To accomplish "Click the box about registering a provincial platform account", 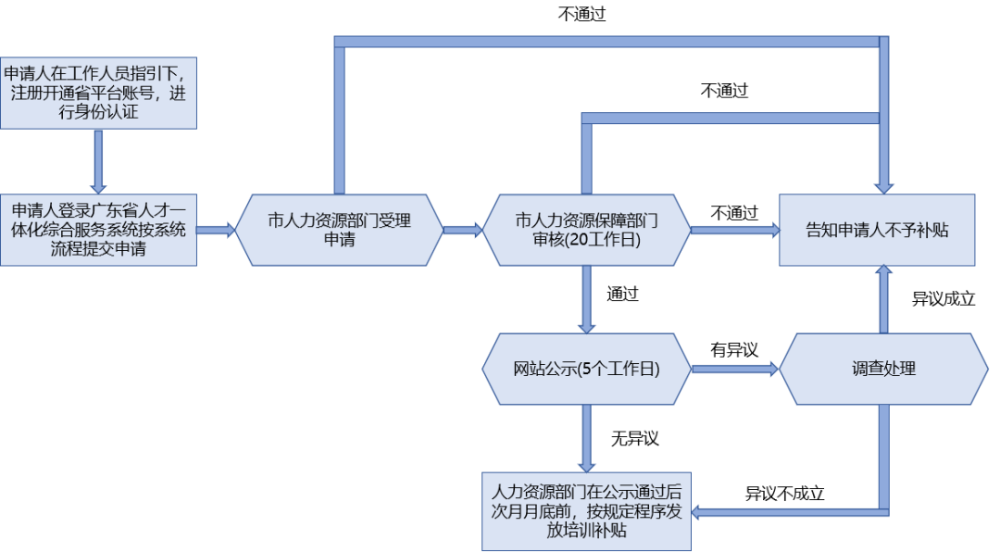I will click(x=98, y=93).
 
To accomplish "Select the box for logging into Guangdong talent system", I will click(x=98, y=230).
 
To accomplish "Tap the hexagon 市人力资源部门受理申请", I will click(x=339, y=230).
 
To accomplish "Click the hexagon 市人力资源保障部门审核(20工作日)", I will click(x=586, y=230).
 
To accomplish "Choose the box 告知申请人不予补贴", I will click(x=876, y=230).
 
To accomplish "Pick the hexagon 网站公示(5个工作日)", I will click(x=586, y=369).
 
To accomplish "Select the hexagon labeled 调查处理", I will click(x=883, y=369).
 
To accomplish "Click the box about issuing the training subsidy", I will click(x=586, y=511).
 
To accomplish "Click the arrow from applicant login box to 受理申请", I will click(x=216, y=230).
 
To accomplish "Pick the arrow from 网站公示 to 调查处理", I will click(x=734, y=369).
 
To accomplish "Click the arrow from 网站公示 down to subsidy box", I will click(x=586, y=437).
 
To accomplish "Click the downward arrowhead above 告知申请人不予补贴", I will click(x=883, y=185).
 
